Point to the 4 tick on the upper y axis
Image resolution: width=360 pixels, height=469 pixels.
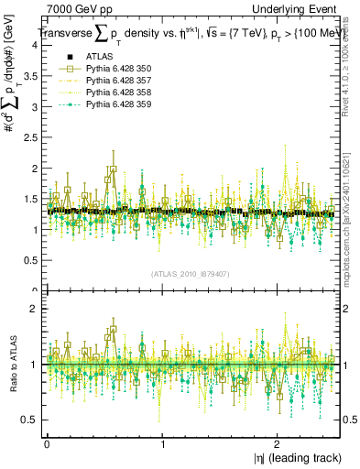tap(36, 48)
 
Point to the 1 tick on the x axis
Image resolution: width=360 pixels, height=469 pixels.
tap(162, 444)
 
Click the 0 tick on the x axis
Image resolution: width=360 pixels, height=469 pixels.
tap(47, 444)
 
